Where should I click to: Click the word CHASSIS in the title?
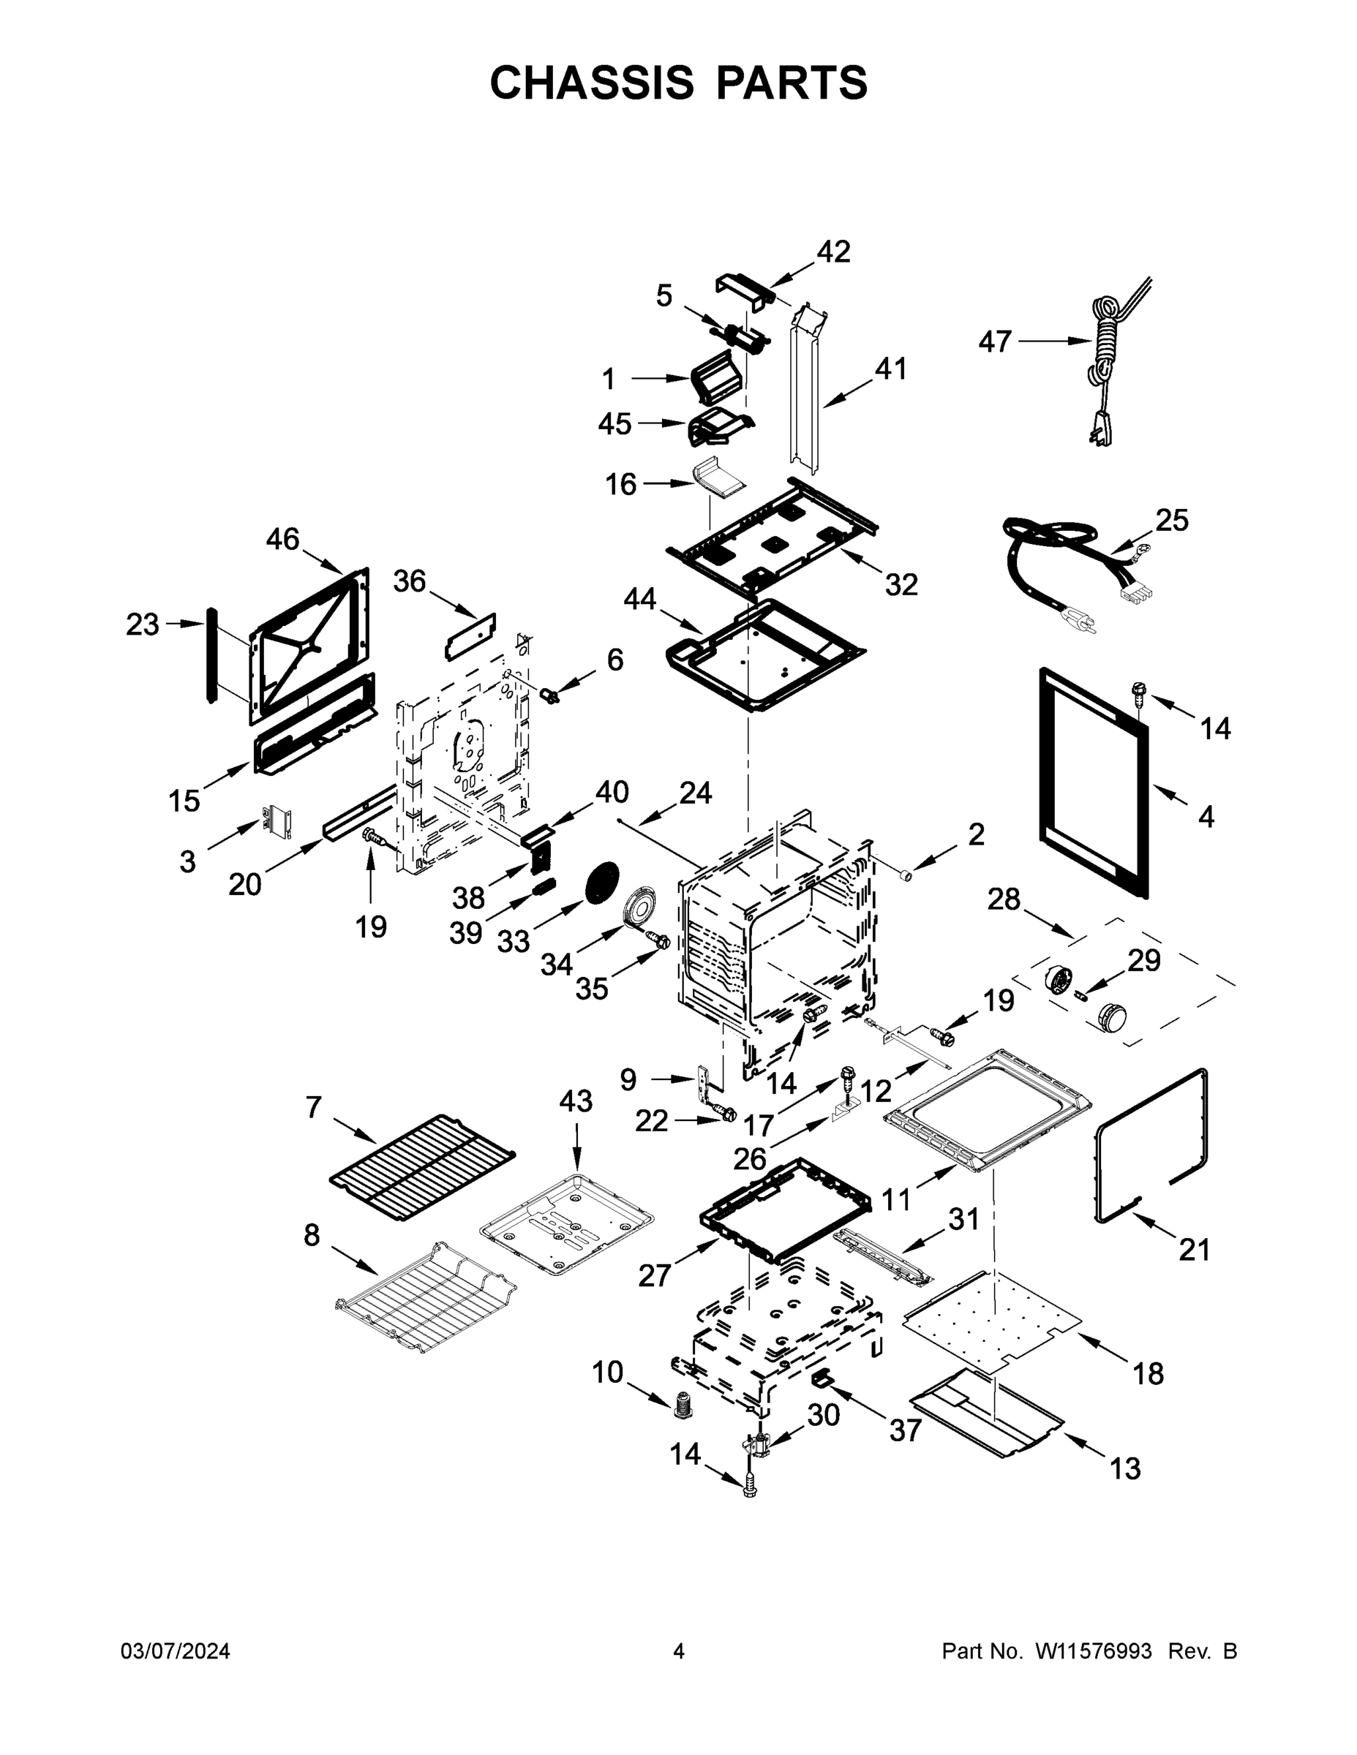point(592,82)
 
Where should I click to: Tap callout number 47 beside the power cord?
point(994,341)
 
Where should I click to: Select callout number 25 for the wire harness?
point(1171,520)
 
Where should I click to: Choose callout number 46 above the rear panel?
point(282,539)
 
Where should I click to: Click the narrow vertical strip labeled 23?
point(211,655)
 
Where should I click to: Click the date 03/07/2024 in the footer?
point(176,1651)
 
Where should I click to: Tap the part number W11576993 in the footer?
point(1094,1651)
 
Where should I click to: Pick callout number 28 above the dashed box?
point(1003,899)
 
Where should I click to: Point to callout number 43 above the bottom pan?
point(576,1100)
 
